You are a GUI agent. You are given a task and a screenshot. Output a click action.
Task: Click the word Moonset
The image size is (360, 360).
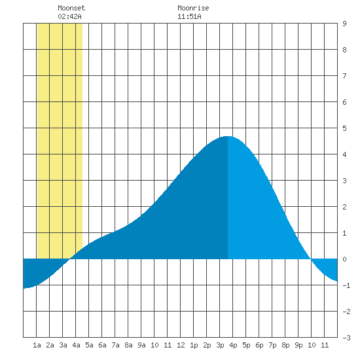coord(71,8)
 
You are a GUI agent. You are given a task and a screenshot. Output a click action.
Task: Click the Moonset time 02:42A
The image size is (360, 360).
coord(69,16)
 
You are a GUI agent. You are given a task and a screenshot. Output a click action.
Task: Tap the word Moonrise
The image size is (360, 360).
coord(193,8)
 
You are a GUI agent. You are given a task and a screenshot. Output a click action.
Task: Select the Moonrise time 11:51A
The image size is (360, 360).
coord(189,16)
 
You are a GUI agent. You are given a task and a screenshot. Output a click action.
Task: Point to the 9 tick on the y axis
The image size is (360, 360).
coord(344,24)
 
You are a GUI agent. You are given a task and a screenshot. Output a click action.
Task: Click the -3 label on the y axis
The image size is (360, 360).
coord(346,338)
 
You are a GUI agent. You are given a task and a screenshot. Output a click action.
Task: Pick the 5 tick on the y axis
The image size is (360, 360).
coord(344,128)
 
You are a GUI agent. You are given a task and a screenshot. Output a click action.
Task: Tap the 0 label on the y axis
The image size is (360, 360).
coord(344,259)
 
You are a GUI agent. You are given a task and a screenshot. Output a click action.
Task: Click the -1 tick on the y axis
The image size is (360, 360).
coord(346,285)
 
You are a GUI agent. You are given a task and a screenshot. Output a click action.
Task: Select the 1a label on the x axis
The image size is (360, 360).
coord(37,345)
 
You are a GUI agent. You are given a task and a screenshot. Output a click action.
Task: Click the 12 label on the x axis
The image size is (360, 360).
coord(181,345)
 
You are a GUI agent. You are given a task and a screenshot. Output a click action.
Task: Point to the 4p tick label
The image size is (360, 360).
coord(233,345)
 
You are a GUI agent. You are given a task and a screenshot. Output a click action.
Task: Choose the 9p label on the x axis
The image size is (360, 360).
coord(298,345)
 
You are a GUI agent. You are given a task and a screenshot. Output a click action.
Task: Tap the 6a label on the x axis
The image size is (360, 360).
coord(102,345)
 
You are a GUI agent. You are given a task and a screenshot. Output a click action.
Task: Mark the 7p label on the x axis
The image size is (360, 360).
coord(272,345)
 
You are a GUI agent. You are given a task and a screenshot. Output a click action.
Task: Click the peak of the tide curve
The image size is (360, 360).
coord(227,136)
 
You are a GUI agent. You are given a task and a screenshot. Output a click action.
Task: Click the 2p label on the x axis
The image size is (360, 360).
coord(207,345)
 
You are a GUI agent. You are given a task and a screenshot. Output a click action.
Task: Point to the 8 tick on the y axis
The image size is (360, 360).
coord(344,50)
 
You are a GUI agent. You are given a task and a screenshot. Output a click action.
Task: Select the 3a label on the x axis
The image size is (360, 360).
coord(63,345)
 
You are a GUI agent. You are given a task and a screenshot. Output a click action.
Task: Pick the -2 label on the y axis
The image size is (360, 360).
coord(346,312)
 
